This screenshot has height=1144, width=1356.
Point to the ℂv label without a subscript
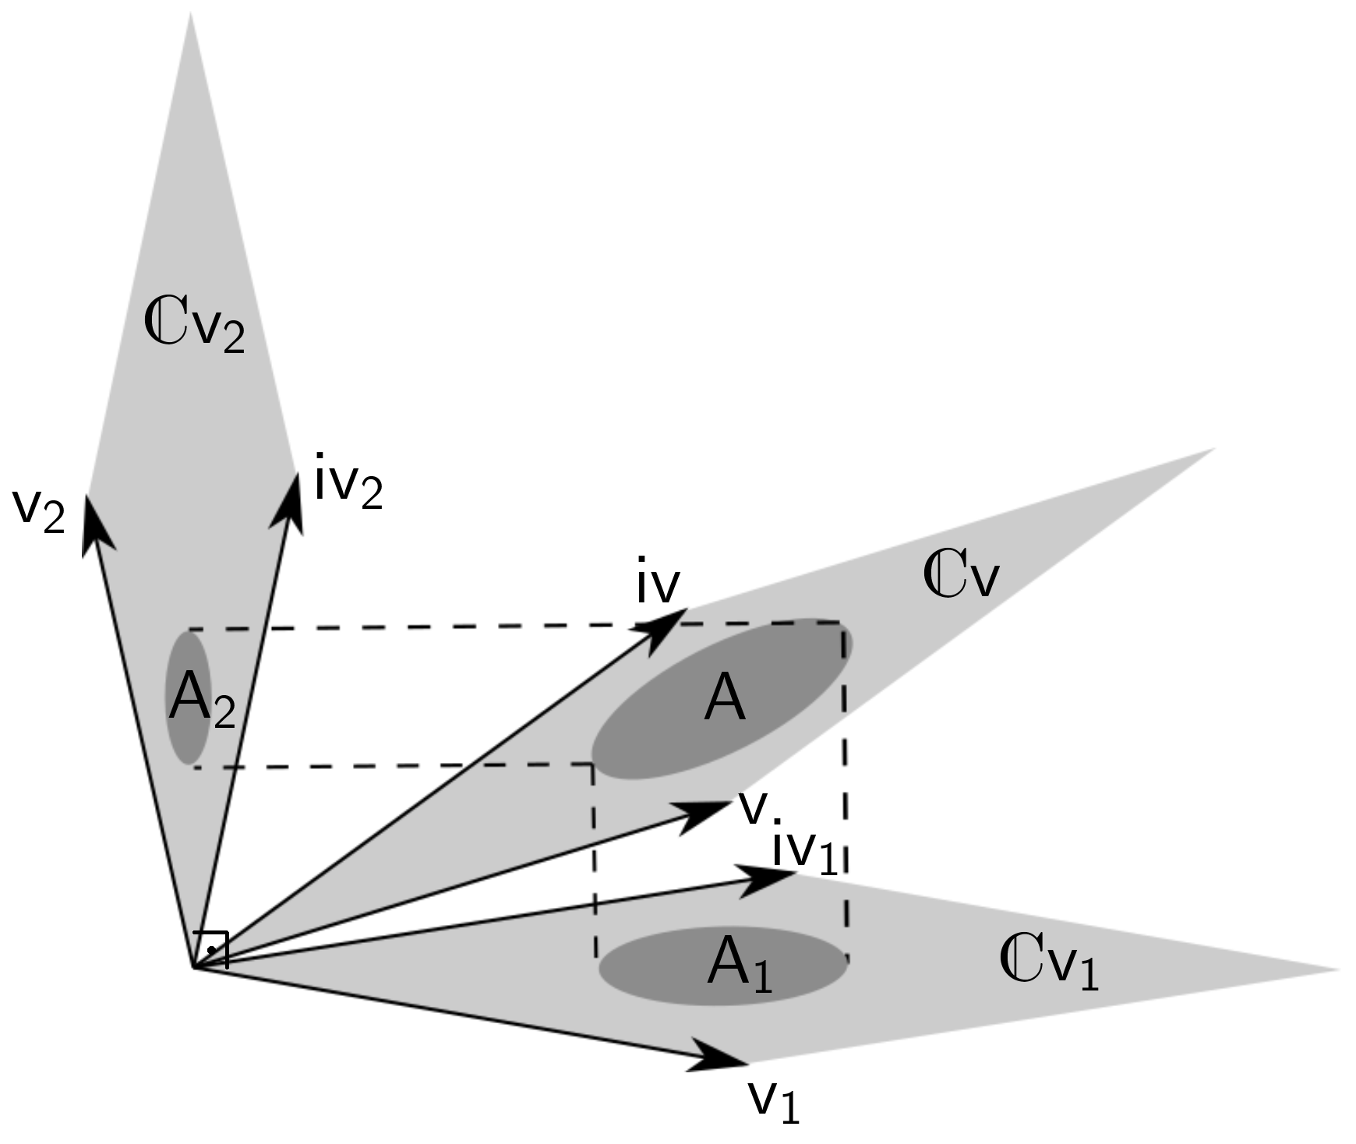pyautogui.click(x=959, y=577)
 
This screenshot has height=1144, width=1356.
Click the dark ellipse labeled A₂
pyautogui.click(x=188, y=697)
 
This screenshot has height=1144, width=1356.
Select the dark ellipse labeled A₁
pyautogui.click(x=722, y=966)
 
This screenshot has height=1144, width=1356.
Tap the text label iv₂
pyautogui.click(x=348, y=481)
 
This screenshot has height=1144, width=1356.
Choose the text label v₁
pyautogui.click(x=773, y=1100)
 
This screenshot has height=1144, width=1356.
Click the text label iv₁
pyautogui.click(x=804, y=852)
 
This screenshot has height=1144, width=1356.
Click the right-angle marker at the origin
pyautogui.click(x=213, y=948)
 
